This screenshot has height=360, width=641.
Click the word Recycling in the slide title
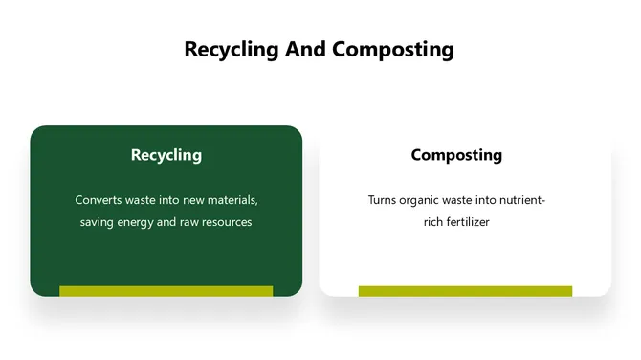click(x=232, y=50)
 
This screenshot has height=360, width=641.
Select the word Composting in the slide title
click(x=392, y=50)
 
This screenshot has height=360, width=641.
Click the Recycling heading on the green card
click(x=166, y=155)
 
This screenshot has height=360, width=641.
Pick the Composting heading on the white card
click(x=456, y=155)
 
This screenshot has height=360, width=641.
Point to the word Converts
click(x=99, y=201)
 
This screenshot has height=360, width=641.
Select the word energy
click(x=143, y=223)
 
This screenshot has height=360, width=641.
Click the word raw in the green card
click(x=191, y=223)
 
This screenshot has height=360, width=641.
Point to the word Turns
click(x=384, y=201)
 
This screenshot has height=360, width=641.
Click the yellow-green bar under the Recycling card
click(x=166, y=291)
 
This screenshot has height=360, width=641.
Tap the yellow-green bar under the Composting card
click(x=465, y=291)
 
